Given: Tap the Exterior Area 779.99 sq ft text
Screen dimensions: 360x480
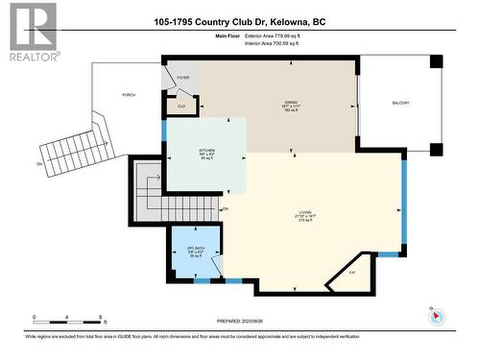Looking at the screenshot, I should point(275,36).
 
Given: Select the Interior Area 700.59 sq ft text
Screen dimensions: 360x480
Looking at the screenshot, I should point(274,44).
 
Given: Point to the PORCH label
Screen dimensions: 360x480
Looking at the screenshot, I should point(127,95).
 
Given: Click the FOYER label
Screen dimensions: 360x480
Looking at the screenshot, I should point(183,81).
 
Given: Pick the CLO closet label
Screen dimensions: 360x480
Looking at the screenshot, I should point(182,106).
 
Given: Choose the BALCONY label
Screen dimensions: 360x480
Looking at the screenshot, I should point(400,102).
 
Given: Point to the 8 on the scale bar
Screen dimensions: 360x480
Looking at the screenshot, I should point(101,316).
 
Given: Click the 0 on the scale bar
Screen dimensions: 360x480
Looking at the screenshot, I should point(34,316).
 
